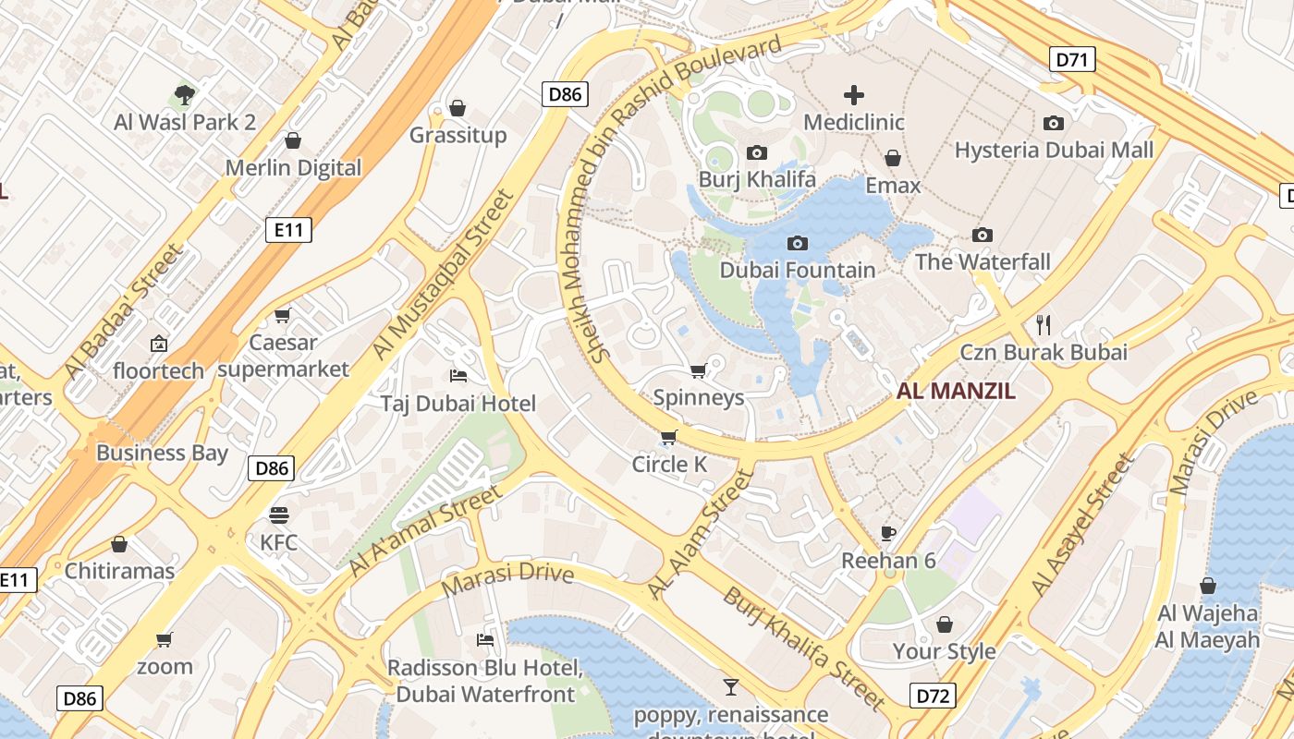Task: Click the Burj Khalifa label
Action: [757, 179]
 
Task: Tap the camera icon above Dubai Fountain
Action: [797, 243]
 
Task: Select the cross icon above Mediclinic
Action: [854, 94]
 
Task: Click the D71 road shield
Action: [1072, 60]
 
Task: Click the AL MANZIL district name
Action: [956, 391]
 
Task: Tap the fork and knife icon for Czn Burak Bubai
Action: [1044, 324]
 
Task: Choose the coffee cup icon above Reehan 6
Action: [887, 533]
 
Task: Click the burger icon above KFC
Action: [279, 515]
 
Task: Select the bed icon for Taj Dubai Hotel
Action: [458, 376]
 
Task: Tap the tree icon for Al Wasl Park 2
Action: [185, 94]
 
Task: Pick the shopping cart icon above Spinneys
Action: [699, 370]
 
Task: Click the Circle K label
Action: [669, 464]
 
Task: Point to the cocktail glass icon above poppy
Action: [730, 686]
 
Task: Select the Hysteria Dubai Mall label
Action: [1054, 150]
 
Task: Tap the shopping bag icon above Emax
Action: [893, 158]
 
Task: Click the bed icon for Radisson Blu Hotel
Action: [485, 639]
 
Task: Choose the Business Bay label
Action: [162, 453]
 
